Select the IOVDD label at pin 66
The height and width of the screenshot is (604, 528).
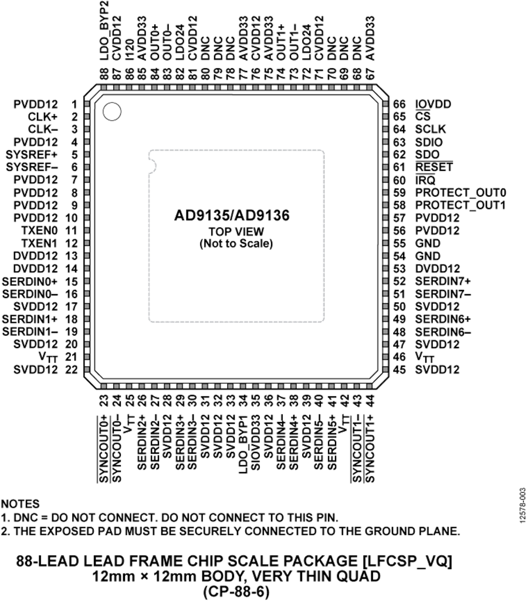tap(432, 104)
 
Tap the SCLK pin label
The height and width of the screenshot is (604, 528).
tap(430, 129)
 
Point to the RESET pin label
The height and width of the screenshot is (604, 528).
tap(433, 167)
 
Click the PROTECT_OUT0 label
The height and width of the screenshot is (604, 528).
tap(460, 193)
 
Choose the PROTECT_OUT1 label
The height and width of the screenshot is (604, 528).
tap(460, 205)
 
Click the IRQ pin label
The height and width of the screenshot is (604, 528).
tap(425, 180)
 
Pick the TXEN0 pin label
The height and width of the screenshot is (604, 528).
tap(40, 231)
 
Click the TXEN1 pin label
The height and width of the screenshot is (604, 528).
tap(40, 243)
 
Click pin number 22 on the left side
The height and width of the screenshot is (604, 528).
tap(71, 370)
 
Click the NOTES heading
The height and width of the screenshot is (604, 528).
tap(21, 504)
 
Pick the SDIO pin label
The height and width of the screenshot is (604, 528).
tap(429, 142)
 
